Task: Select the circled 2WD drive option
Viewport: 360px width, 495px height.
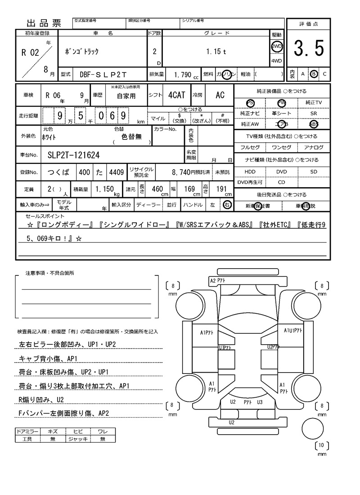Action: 276,46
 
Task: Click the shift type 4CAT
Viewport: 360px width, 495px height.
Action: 176,95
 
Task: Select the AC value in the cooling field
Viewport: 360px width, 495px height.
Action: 220,95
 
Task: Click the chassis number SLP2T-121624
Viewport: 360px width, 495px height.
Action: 74,155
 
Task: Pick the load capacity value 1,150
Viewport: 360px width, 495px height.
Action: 105,189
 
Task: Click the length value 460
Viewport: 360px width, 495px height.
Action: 157,189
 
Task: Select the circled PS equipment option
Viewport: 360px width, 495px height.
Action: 250,103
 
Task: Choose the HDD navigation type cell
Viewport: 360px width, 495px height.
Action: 250,171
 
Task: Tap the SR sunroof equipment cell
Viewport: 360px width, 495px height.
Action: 314,114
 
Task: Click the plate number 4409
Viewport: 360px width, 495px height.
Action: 116,172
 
